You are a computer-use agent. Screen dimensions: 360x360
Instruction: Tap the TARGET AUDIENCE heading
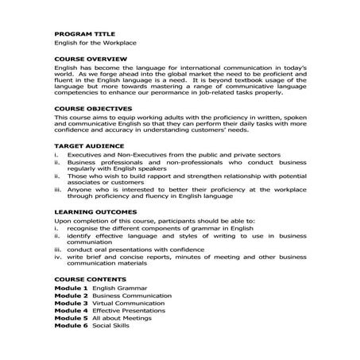pyautogui.click(x=83, y=146)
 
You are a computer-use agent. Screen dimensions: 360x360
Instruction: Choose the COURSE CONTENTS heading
pyautogui.click(x=85, y=279)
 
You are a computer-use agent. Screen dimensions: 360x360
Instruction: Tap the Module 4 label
pyautogui.click(x=70, y=311)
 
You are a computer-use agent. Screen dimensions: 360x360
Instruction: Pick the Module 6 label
pyautogui.click(x=70, y=326)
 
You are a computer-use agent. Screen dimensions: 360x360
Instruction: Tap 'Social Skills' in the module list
pyautogui.click(x=110, y=326)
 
